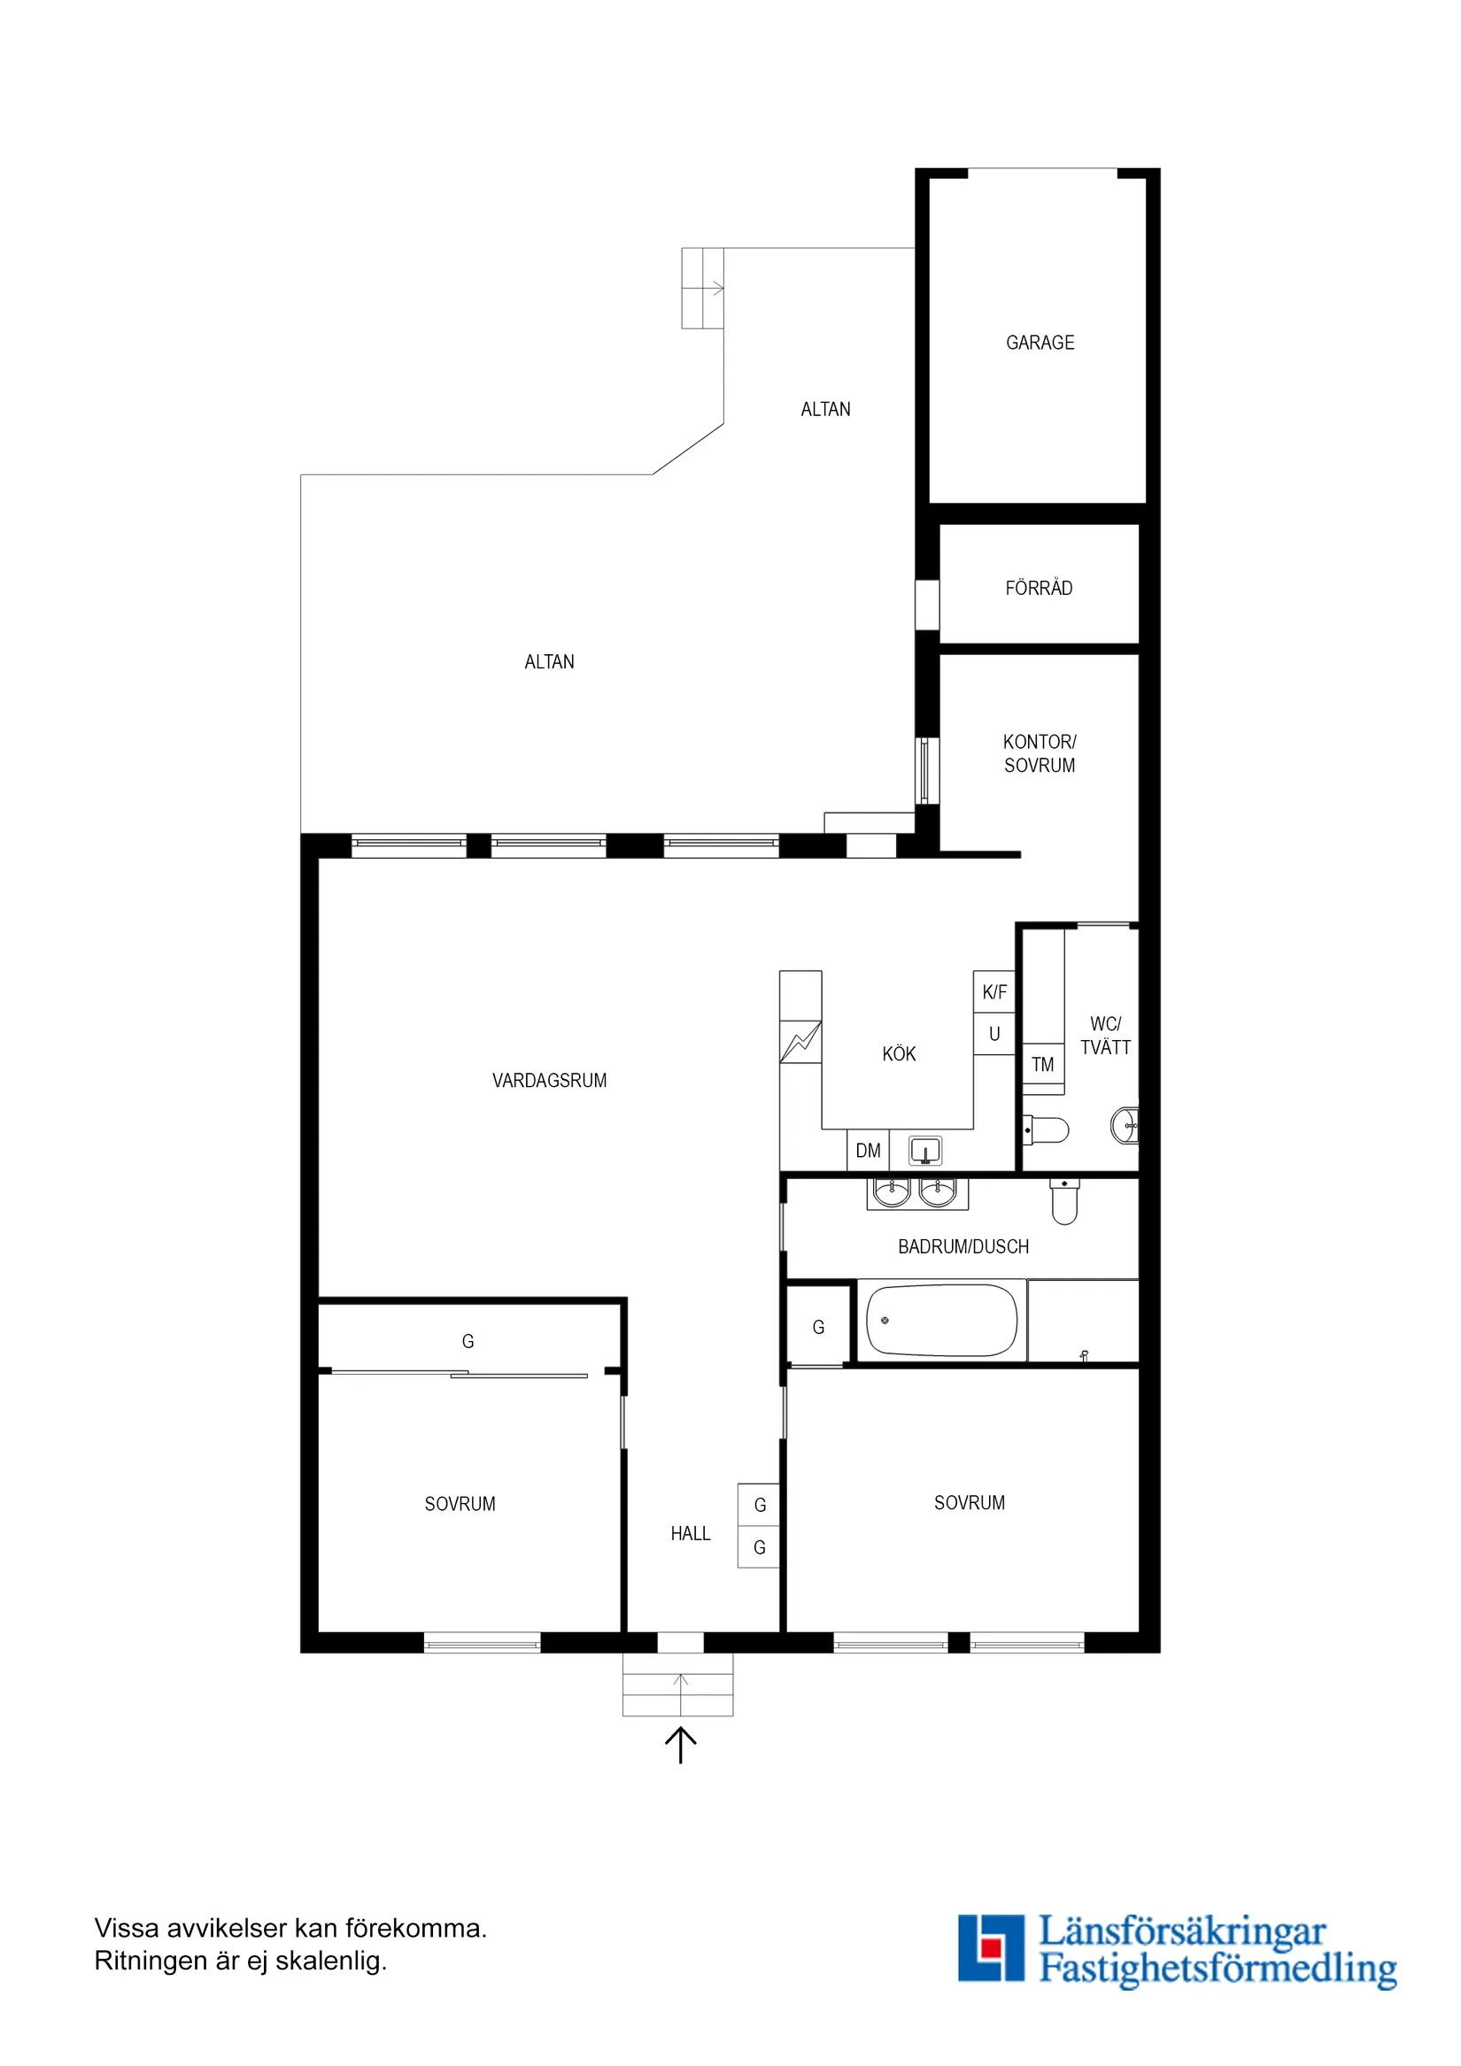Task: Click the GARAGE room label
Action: (1040, 343)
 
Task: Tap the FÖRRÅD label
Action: (1039, 589)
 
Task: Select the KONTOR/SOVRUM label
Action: (1040, 753)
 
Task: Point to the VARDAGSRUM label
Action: (549, 1081)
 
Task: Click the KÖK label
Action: (899, 1053)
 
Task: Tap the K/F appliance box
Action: (993, 992)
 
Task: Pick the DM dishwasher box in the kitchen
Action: (868, 1151)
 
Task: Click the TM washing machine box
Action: (1042, 1066)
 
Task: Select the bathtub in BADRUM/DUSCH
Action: (940, 1321)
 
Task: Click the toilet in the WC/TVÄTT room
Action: (1047, 1129)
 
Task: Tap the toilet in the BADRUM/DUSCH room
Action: (1064, 1202)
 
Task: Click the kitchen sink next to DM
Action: (924, 1151)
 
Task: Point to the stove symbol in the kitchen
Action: (800, 1042)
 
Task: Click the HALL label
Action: (691, 1533)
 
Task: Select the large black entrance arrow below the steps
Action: (681, 1745)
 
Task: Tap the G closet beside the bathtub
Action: (818, 1327)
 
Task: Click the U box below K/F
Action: (993, 1035)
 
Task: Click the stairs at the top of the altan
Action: (702, 288)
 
